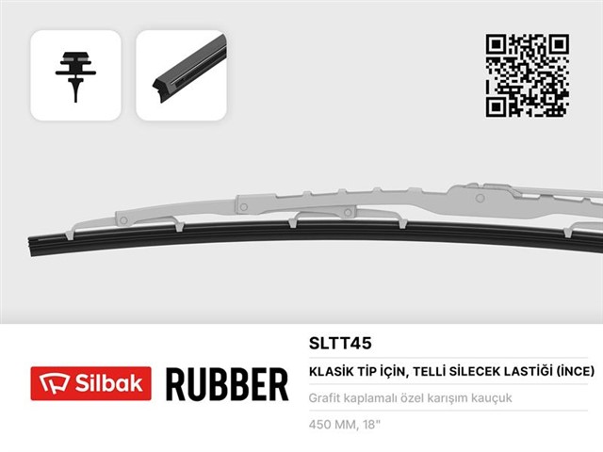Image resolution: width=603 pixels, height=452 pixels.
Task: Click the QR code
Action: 527,75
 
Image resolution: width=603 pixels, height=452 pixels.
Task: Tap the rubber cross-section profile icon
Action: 76,75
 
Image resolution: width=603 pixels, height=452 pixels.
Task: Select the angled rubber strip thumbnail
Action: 181,75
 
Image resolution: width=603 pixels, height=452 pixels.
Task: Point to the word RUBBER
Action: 226,385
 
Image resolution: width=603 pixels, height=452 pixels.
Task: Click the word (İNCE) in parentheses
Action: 572,372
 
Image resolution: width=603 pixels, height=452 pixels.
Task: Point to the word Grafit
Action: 326,398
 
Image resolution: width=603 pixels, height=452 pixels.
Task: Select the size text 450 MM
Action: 334,424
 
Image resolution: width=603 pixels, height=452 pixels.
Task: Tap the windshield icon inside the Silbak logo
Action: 50,384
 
